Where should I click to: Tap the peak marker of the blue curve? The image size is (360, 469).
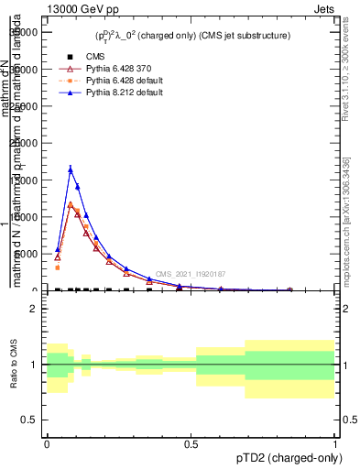point(71,169)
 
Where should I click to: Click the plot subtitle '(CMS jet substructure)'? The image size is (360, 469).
point(240,36)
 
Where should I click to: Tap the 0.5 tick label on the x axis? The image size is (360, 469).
point(191,442)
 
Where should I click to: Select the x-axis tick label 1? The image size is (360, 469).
point(335,442)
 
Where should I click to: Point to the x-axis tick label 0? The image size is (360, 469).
point(47,442)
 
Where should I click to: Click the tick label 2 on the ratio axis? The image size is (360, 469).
point(34,309)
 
